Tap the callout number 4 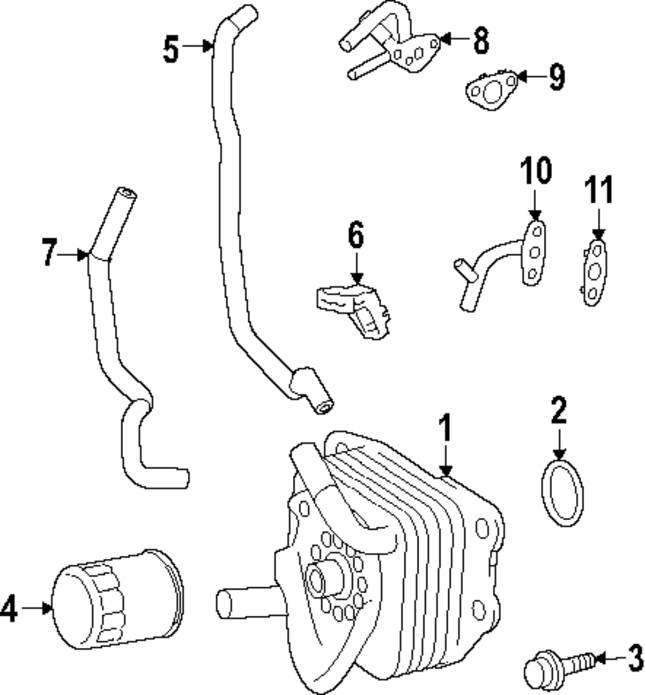(x=10, y=608)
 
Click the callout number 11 (x=599, y=190)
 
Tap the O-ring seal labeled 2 (x=561, y=492)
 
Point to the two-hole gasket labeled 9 (x=490, y=90)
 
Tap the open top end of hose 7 (x=126, y=192)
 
